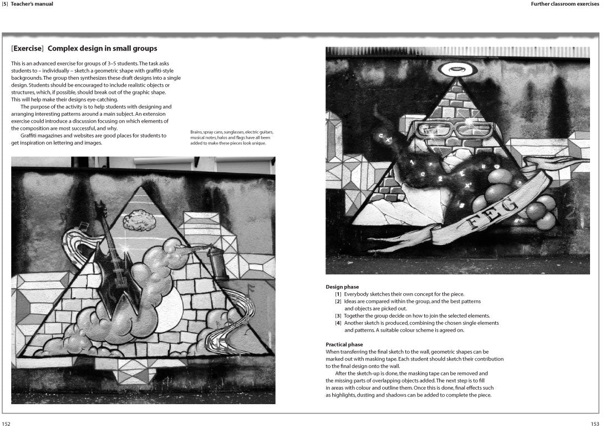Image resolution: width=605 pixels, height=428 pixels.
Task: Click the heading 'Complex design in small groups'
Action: pos(103,49)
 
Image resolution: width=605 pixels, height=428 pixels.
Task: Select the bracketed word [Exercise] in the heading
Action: pos(28,49)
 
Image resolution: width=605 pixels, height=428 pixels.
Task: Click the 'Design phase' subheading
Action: pos(342,287)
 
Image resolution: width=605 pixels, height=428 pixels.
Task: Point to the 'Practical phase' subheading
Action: pos(344,344)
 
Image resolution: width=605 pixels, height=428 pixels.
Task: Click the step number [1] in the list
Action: pos(338,294)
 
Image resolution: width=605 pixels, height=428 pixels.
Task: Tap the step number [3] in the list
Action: pos(338,315)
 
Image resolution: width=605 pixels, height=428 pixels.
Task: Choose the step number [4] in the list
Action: pos(338,323)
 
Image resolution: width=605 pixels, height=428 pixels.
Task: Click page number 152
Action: pos(7,423)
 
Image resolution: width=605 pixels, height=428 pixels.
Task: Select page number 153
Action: pos(595,423)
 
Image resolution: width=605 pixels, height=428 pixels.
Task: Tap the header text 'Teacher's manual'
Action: pos(35,4)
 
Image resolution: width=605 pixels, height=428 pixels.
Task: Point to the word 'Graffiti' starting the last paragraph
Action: pos(32,135)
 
